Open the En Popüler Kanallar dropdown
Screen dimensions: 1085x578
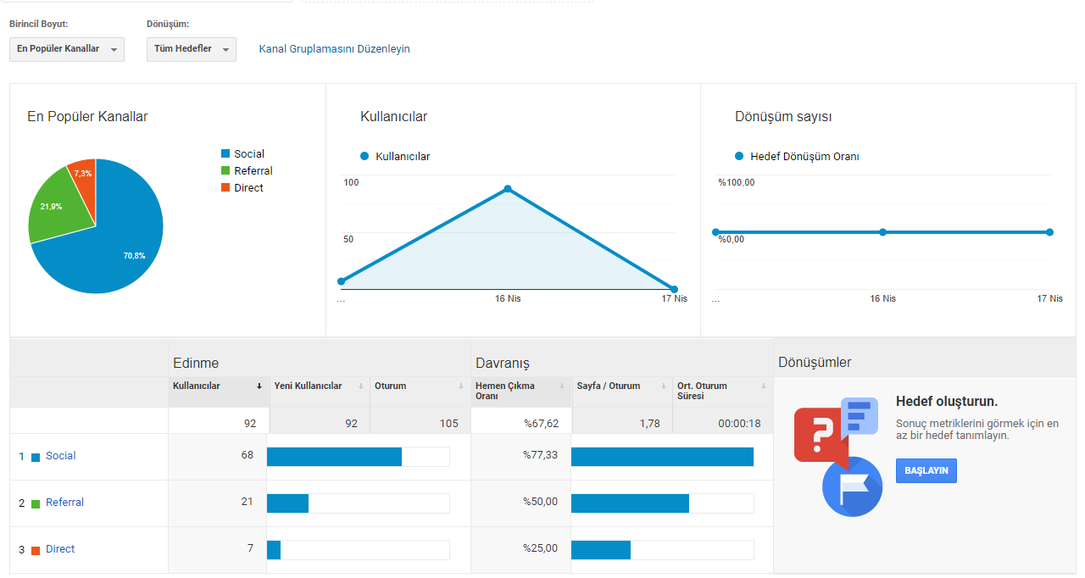click(x=67, y=49)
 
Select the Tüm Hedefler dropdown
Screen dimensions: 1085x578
click(x=192, y=49)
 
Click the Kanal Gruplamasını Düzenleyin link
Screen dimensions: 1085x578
click(x=334, y=49)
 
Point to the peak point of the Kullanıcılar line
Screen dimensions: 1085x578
click(x=508, y=189)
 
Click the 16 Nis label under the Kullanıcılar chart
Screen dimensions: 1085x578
click(x=508, y=298)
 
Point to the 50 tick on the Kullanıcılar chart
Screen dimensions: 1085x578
click(x=348, y=239)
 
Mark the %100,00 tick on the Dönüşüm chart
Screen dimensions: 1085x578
click(x=737, y=182)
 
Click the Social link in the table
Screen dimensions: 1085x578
click(x=60, y=455)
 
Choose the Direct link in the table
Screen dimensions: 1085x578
click(x=60, y=549)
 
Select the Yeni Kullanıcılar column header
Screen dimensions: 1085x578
click(x=308, y=386)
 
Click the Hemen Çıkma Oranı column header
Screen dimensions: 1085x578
click(x=504, y=391)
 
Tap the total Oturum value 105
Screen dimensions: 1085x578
click(x=448, y=424)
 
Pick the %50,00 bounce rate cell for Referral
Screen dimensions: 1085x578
click(x=540, y=502)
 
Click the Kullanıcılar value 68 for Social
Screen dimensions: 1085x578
click(x=247, y=455)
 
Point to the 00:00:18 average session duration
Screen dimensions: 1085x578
click(x=739, y=424)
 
